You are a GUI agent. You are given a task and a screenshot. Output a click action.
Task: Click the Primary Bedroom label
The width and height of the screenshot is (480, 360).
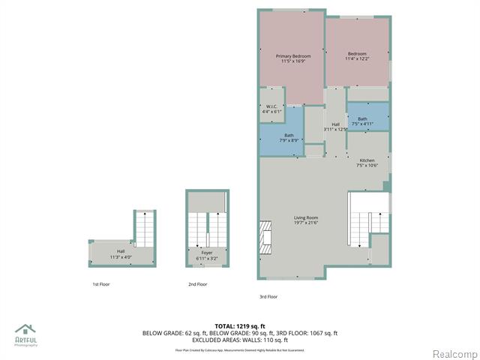pos(292,59)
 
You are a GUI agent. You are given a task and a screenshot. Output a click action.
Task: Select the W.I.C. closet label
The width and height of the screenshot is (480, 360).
pos(271,109)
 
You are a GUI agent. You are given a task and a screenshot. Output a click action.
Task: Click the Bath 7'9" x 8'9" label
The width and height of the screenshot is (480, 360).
pos(289,137)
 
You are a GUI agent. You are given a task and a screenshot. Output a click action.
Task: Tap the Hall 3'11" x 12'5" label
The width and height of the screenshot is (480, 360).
pos(335,127)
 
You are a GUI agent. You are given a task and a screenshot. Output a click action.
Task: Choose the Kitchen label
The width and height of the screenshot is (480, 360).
pos(367,163)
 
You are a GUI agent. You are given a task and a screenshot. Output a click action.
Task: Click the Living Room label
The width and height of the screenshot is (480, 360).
pos(306,220)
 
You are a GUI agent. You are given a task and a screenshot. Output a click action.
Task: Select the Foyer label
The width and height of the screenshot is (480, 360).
pos(205,255)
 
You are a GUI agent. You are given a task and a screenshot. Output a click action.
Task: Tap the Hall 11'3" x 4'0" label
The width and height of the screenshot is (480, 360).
pos(121,253)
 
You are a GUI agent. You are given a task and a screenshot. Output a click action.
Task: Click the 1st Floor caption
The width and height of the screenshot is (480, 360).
pos(101,284)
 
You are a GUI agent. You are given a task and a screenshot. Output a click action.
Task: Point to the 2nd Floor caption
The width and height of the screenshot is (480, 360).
pos(197,284)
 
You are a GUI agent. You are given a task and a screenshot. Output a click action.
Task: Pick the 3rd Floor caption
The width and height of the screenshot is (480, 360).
pos(268,297)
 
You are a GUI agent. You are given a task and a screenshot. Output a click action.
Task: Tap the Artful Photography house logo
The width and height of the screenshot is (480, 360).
pos(25,330)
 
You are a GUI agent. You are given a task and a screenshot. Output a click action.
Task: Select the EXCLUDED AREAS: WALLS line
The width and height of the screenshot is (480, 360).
pos(240,340)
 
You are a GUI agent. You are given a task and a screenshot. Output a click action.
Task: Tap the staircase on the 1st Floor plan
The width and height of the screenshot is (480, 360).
pos(142,229)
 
